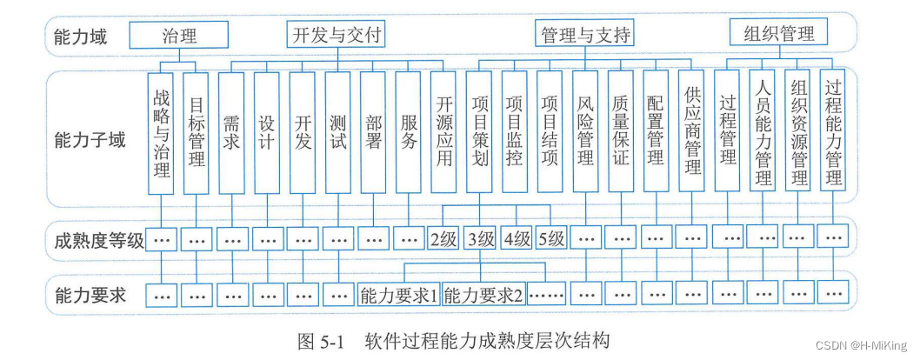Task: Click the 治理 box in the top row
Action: point(179,35)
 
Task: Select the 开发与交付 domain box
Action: point(336,35)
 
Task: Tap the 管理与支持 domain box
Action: point(585,35)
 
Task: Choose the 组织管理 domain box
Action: point(778,33)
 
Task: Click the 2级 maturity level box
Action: point(443,238)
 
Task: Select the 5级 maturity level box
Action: point(551,238)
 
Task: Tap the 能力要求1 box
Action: point(399,294)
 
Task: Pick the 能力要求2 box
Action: point(484,294)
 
